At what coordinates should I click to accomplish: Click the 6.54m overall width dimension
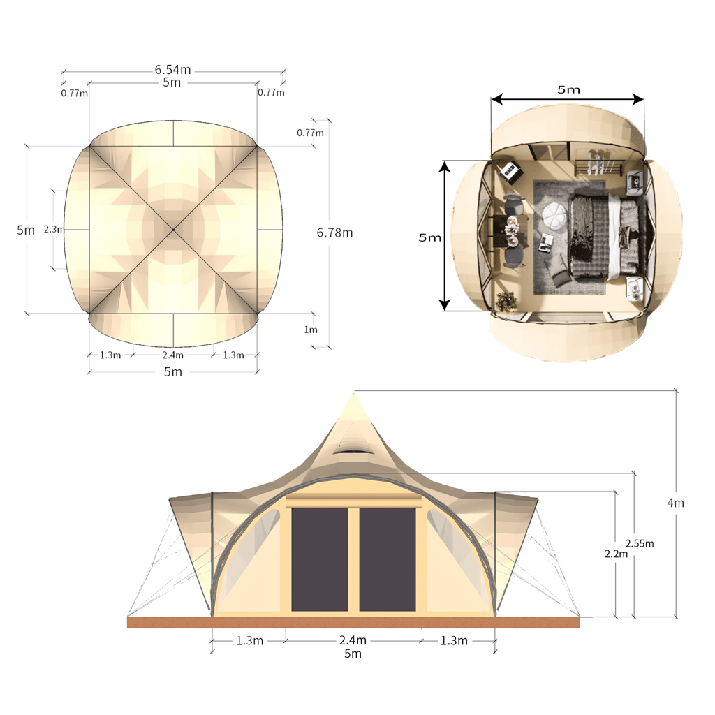pos(172,69)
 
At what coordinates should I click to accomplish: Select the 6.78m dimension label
pos(334,233)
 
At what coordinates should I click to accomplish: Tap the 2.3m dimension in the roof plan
pos(53,229)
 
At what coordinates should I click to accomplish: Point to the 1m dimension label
pos(310,330)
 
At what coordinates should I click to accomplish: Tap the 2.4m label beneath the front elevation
pos(353,640)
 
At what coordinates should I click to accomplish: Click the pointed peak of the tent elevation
pos(354,394)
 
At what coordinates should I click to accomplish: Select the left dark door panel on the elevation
pos(319,559)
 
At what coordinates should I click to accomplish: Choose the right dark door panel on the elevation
pos(387,559)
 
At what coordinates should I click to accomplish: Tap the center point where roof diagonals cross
pos(172,229)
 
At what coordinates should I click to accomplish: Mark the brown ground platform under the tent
pos(353,622)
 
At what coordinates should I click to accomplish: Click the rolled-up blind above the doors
pos(354,502)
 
